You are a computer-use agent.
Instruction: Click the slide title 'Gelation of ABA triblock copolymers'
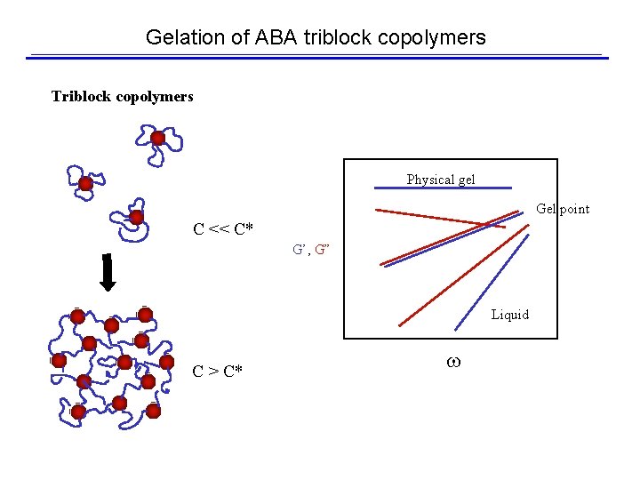[x=316, y=37]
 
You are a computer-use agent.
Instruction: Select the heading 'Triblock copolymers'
[x=122, y=96]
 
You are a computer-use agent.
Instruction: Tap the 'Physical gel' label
[x=441, y=180]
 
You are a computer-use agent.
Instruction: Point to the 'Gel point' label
[x=563, y=209]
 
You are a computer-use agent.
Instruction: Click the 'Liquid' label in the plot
[x=509, y=315]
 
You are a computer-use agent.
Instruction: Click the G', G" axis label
[x=311, y=250]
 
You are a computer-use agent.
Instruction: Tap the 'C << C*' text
[x=223, y=230]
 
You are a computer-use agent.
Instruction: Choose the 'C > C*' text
[x=217, y=372]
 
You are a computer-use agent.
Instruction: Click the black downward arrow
[x=108, y=274]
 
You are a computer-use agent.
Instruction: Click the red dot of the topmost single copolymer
[x=158, y=138]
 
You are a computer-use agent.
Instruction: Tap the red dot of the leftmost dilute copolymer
[x=85, y=184]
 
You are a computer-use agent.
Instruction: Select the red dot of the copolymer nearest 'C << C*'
[x=136, y=217]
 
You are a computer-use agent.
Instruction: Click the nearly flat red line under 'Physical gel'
[x=439, y=218]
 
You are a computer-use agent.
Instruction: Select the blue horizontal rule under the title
[x=317, y=58]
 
